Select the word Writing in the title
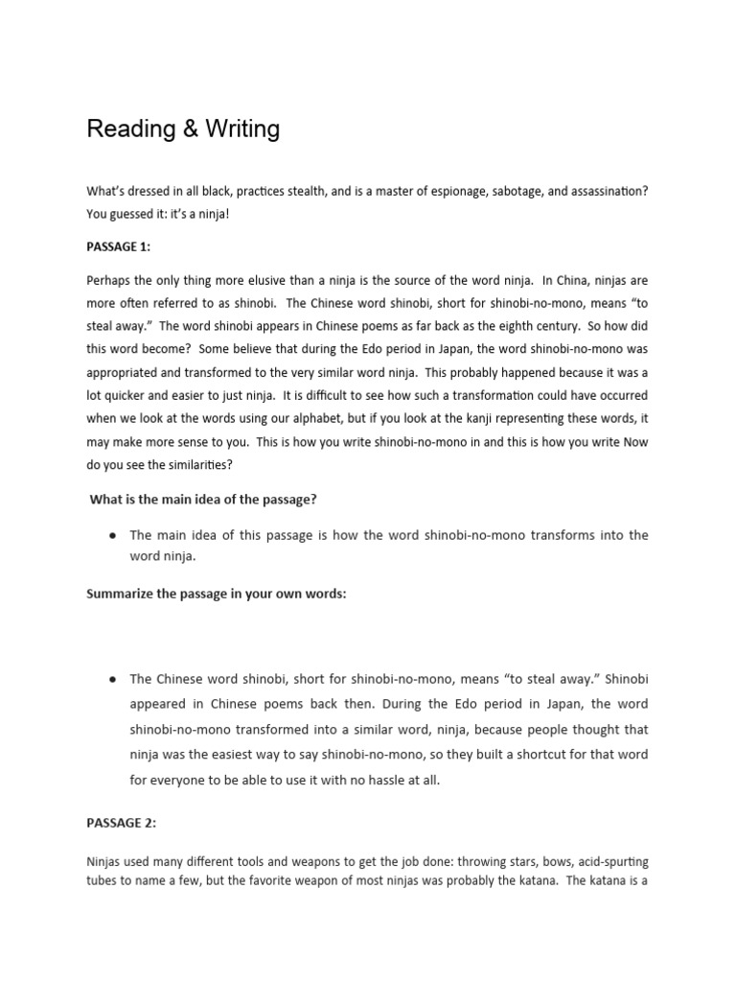(x=239, y=129)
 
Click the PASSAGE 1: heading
(x=119, y=246)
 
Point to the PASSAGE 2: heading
(x=121, y=822)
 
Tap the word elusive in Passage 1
(x=242, y=281)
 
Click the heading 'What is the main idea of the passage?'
(x=203, y=499)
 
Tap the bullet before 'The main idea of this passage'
(x=113, y=535)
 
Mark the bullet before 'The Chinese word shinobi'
(x=113, y=679)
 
